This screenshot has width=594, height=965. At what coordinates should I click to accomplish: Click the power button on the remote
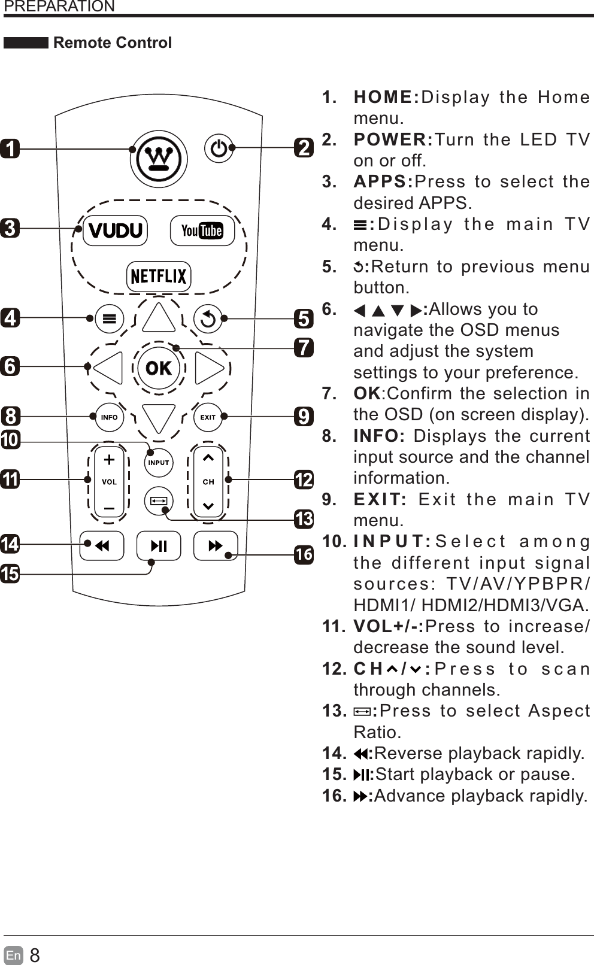[x=219, y=148]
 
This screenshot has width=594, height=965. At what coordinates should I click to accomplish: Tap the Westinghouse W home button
[x=159, y=159]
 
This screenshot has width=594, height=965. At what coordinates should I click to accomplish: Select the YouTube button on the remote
[x=202, y=230]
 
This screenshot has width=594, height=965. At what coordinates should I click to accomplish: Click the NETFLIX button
[x=159, y=276]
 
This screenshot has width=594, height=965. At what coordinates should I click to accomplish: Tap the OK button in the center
[x=159, y=368]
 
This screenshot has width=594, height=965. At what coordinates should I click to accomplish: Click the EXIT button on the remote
[x=208, y=417]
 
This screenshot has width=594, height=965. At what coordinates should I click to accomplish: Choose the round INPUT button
[x=159, y=463]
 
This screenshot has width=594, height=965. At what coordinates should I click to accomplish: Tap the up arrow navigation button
[x=159, y=318]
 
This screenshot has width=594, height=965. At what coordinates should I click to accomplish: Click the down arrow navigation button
[x=159, y=418]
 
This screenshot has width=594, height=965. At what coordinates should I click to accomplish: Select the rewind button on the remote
[x=102, y=546]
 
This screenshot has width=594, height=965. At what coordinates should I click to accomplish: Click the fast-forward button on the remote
[x=216, y=546]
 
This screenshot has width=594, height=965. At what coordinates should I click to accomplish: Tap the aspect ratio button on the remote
[x=159, y=501]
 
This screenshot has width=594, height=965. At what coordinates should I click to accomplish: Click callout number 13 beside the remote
[x=304, y=518]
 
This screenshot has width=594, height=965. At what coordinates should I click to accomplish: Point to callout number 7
[x=304, y=347]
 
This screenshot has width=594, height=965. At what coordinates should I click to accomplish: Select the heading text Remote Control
[x=113, y=43]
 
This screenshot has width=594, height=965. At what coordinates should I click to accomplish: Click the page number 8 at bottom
[x=35, y=955]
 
